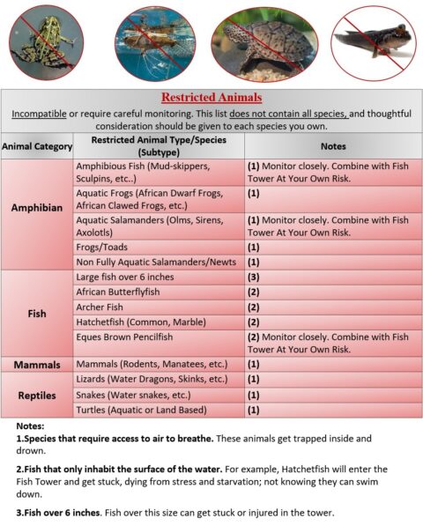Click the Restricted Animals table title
coord(211,97)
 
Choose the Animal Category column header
coord(36,146)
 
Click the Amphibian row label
coord(36,208)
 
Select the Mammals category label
coord(36,364)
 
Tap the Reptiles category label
coord(36,395)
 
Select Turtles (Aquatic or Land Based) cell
coord(139,410)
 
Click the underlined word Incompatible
coord(48,115)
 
